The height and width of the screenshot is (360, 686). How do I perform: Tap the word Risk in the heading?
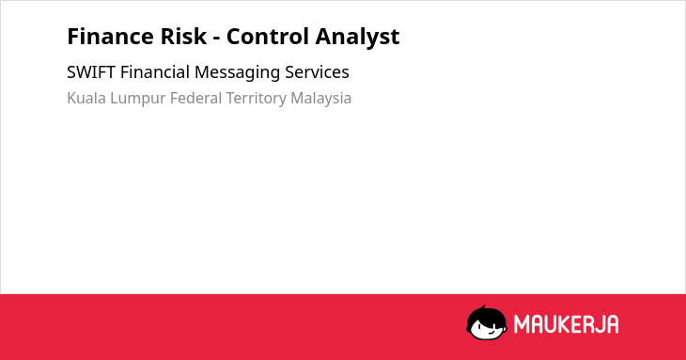point(183,37)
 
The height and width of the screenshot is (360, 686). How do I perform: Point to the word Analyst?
point(357,38)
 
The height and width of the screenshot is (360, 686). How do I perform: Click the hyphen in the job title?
point(216,39)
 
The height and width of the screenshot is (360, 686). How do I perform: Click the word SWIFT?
point(91,72)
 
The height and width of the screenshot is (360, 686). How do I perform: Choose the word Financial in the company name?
point(155,72)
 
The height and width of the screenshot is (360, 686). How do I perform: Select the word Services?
point(318,72)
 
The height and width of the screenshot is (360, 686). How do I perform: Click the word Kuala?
point(86,98)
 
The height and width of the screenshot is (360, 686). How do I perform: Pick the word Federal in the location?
point(196,98)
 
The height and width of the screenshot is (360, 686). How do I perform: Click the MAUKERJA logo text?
point(566,324)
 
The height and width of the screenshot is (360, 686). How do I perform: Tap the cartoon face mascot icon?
point(487,322)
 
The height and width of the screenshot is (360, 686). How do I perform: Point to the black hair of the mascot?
point(486,315)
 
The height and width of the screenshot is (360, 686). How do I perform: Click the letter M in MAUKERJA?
point(522,324)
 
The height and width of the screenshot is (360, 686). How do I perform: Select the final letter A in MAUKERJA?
point(612,324)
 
